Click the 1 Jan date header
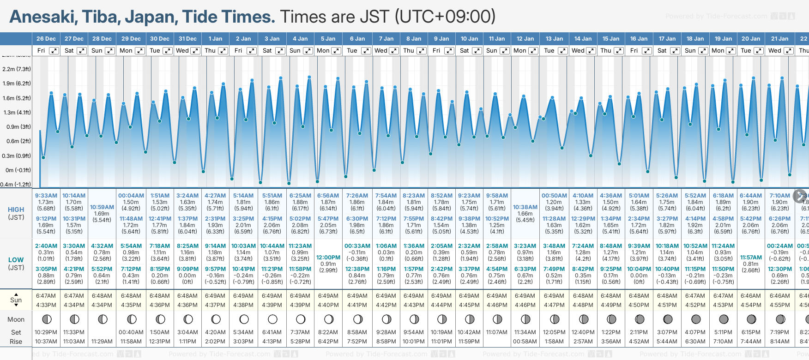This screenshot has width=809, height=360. tap(215, 39)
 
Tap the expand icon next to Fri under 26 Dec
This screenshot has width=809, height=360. tap(54, 51)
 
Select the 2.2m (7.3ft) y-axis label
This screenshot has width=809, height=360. tap(17, 69)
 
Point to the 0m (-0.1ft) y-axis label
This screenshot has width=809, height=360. tap(17, 170)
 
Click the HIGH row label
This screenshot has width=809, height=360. tap(16, 210)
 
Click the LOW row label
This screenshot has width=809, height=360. tap(16, 260)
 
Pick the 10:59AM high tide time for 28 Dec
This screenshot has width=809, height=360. tap(102, 207)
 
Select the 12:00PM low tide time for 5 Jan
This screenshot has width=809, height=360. tap(328, 258)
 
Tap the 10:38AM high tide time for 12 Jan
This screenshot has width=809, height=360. tap(525, 207)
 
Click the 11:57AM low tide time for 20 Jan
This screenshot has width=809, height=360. tap(751, 258)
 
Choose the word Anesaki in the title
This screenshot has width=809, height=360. tap(42, 17)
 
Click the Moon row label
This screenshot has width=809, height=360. tap(16, 319)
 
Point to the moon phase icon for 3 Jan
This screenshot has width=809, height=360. tap(272, 319)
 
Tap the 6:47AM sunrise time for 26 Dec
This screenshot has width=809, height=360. tap(46, 296)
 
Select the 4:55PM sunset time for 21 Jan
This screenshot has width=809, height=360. tap(779, 305)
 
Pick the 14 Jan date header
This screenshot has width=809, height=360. tap(583, 39)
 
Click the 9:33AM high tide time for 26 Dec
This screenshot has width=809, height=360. tap(46, 196)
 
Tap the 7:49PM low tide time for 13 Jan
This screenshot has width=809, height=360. tap(554, 269)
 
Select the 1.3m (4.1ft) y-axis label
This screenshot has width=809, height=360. tap(17, 113)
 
